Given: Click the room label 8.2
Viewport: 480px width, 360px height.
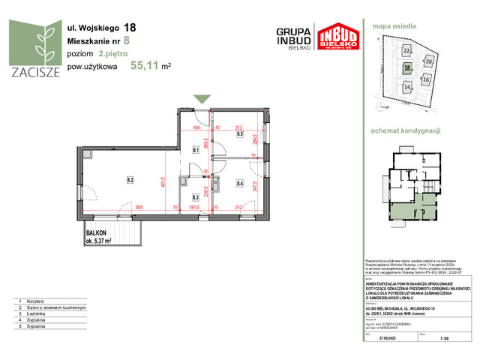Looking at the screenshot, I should pos(130,180).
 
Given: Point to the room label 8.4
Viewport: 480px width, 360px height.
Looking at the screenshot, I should pos(240,181).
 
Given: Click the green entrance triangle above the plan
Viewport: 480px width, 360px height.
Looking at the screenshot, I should pos(202,99).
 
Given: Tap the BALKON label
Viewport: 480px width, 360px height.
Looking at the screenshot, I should pos(97,233).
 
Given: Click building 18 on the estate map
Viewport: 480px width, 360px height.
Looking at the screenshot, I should pos(406,67).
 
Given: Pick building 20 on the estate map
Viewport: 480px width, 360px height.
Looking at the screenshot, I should pos(429,61).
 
